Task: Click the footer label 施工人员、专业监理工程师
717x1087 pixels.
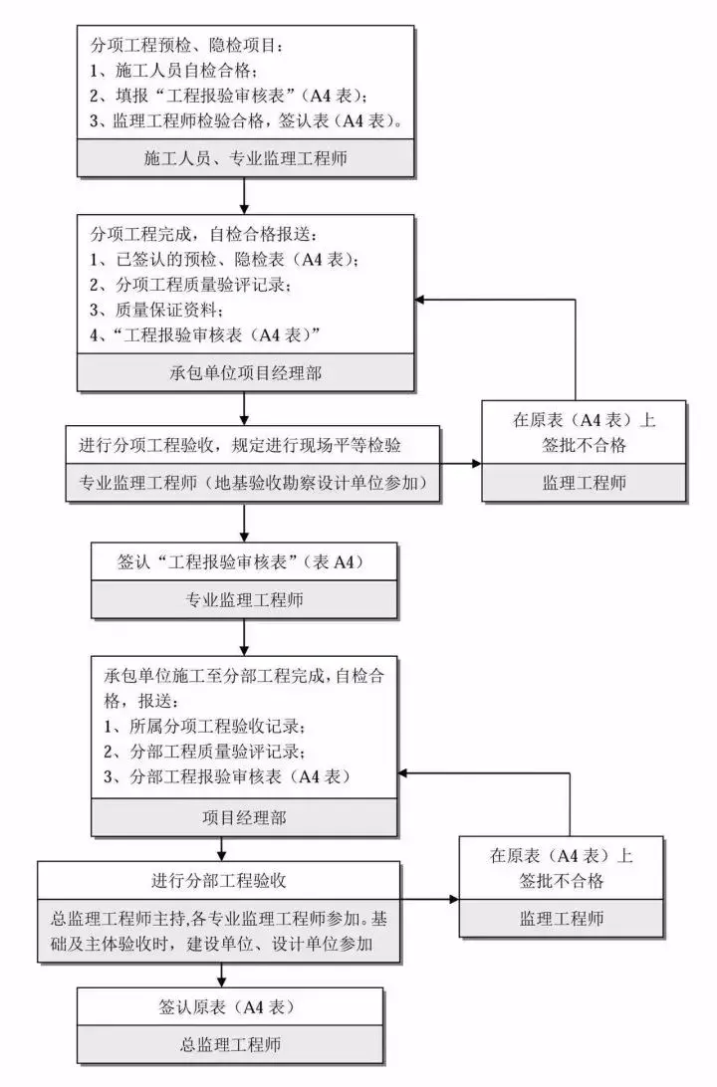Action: pos(245,157)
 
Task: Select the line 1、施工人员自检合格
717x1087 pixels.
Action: pos(173,71)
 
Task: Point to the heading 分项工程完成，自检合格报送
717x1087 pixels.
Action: pos(204,236)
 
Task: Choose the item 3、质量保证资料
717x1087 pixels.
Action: pos(149,310)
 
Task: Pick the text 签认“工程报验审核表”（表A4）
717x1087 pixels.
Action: pos(245,562)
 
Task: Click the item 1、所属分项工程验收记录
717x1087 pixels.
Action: pos(204,725)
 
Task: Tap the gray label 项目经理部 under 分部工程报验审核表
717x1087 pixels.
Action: pos(245,818)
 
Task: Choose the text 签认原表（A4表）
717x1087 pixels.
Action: pos(228,1006)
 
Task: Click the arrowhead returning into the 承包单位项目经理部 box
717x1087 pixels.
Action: pos(422,300)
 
